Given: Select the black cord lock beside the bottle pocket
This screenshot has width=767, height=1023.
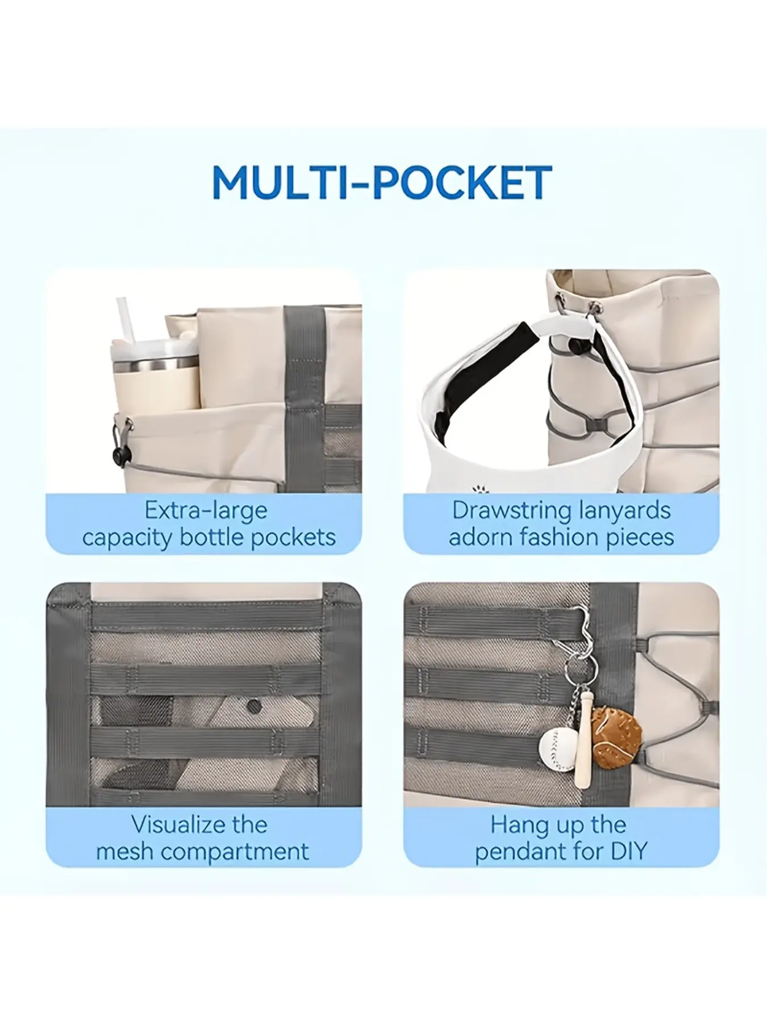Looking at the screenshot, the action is pos(120,454).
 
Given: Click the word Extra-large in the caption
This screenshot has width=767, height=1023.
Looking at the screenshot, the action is pos(206,510).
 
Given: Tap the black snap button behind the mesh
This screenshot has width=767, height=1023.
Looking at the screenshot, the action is pos(252,706).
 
